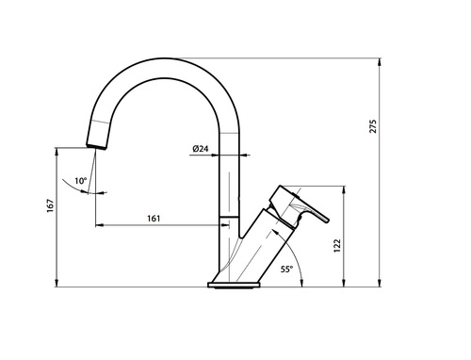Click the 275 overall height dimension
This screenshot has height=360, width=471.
(373, 126)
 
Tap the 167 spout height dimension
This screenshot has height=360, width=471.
(50, 205)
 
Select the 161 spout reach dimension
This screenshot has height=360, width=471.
(154, 219)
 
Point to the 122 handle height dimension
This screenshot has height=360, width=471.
(337, 246)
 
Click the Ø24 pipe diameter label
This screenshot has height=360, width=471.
(201, 149)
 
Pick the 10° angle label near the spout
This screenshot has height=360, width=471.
(81, 181)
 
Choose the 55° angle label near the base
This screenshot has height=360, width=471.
(286, 270)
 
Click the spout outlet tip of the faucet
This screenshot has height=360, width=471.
(96, 147)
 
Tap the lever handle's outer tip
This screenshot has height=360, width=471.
(328, 220)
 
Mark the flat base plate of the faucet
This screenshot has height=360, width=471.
(235, 285)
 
